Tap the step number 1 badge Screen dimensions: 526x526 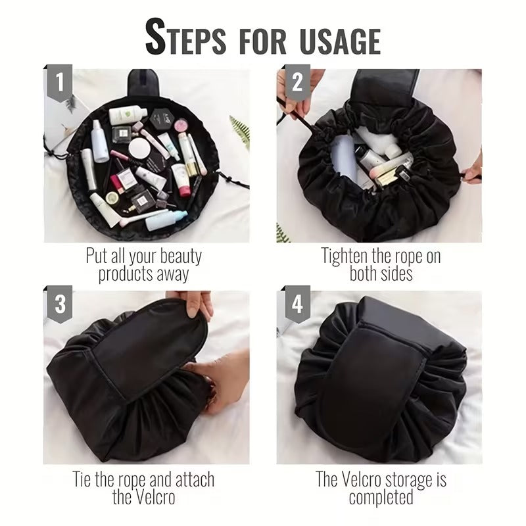pyautogui.click(x=60, y=83)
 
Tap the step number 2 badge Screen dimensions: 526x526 pyautogui.click(x=297, y=83)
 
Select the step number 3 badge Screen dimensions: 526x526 pyautogui.click(x=60, y=305)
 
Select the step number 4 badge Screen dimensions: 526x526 pyautogui.click(x=297, y=305)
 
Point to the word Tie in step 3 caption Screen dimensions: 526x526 pyautogui.click(x=85, y=479)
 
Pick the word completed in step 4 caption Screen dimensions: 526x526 pyautogui.click(x=381, y=497)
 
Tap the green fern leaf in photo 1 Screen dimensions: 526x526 pyautogui.click(x=239, y=128)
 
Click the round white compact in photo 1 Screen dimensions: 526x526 pyautogui.click(x=139, y=148)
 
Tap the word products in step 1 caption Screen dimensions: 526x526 pyautogui.click(x=126, y=274)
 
